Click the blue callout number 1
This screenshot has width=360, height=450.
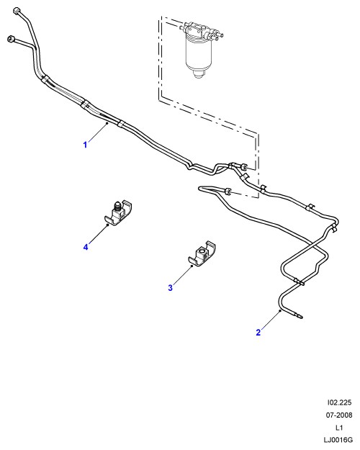click(x=85, y=145)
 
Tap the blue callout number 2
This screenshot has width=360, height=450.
click(x=258, y=333)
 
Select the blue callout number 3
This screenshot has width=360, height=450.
click(x=170, y=287)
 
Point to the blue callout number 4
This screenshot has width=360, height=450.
click(x=86, y=247)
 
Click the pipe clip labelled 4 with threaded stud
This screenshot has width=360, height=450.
click(x=117, y=214)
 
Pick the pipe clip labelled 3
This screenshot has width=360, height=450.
click(x=202, y=253)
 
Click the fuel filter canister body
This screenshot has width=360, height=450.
click(x=198, y=55)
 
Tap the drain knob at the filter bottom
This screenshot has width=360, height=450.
click(x=198, y=75)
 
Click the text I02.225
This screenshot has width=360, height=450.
click(x=339, y=402)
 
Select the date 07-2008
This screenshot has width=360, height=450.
click(x=338, y=415)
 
